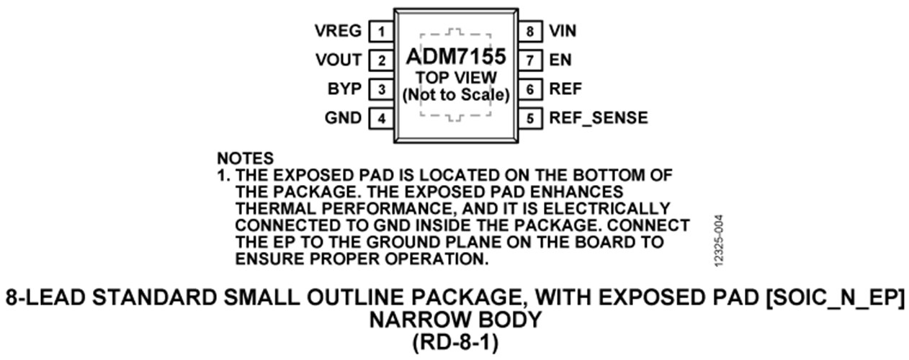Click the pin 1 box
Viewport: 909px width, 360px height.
[x=381, y=31]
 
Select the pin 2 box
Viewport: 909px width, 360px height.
[x=381, y=60]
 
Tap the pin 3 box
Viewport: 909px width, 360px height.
[x=381, y=89]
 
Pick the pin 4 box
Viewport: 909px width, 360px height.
[x=381, y=119]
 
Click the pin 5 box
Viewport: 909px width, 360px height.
[x=530, y=119]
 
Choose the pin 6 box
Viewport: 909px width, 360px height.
[x=530, y=89]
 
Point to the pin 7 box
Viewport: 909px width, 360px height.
[x=530, y=60]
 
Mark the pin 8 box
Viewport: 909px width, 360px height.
[x=530, y=31]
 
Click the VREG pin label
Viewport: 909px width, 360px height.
[x=338, y=31]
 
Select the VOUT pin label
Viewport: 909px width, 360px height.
[x=339, y=60]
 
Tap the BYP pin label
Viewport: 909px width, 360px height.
[x=344, y=89]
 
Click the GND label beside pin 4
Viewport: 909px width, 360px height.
[x=343, y=118]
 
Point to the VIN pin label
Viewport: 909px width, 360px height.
[x=563, y=31]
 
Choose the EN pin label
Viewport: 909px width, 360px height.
[x=560, y=60]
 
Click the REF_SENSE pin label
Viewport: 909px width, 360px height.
[x=599, y=118]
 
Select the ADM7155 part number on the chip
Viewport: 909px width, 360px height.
[x=456, y=56]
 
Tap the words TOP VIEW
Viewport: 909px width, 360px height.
[x=456, y=78]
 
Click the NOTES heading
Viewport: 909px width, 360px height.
[x=246, y=158]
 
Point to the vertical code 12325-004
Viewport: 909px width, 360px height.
[x=719, y=240]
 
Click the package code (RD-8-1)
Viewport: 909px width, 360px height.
[x=455, y=343]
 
